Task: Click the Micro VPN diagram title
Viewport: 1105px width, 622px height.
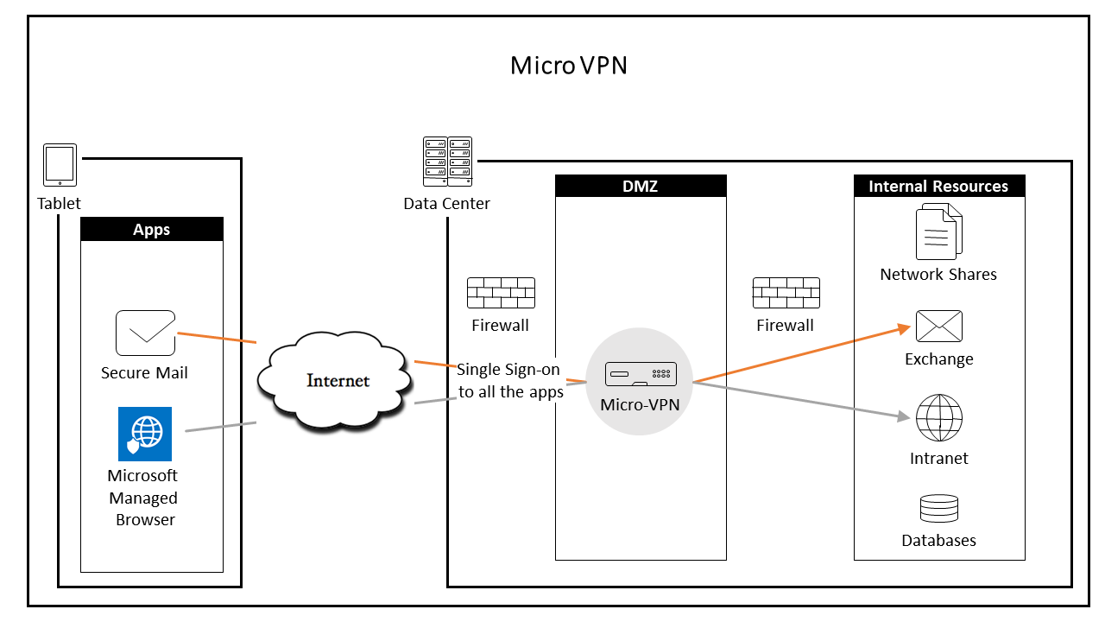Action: pos(568,66)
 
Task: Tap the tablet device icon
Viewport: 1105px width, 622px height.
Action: pos(60,165)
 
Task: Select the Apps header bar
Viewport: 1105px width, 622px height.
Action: pos(151,230)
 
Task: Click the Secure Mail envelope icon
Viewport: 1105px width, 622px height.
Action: pos(145,333)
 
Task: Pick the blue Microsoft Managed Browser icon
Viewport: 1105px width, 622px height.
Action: pos(145,434)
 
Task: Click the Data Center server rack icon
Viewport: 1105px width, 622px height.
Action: pos(447,162)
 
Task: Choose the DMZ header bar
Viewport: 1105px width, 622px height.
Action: pos(641,187)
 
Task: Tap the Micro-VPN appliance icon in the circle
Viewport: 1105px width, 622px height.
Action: pos(640,374)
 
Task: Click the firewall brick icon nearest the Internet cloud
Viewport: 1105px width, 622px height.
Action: pos(501,294)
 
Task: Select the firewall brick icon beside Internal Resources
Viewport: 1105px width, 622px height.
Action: pos(786,294)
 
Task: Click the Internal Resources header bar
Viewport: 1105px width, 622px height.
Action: pos(938,187)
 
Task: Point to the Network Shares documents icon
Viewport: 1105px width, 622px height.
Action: pos(938,231)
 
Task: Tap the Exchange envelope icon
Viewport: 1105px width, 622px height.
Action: pos(939,327)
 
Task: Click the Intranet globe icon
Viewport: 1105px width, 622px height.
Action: pos(939,418)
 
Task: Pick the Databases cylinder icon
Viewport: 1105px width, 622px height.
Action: pos(939,509)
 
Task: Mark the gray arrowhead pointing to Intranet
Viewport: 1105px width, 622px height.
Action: pos(906,417)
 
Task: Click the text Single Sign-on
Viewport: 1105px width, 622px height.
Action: pos(508,370)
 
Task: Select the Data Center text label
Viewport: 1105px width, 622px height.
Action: pos(446,204)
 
